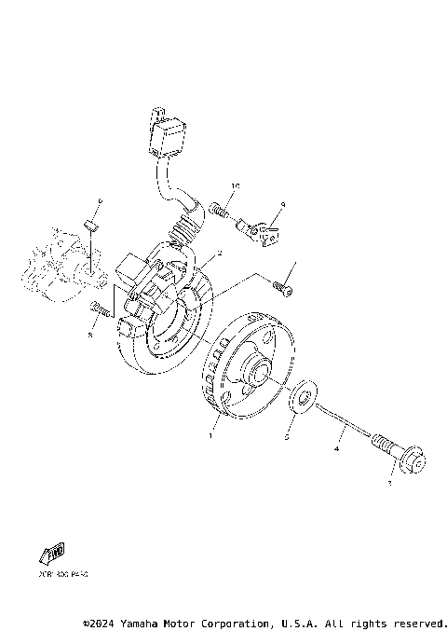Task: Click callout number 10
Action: tap(236, 186)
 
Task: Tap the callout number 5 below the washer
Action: tap(287, 435)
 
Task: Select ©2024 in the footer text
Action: tap(101, 623)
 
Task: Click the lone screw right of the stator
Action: tap(284, 290)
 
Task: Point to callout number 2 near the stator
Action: tap(218, 253)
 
